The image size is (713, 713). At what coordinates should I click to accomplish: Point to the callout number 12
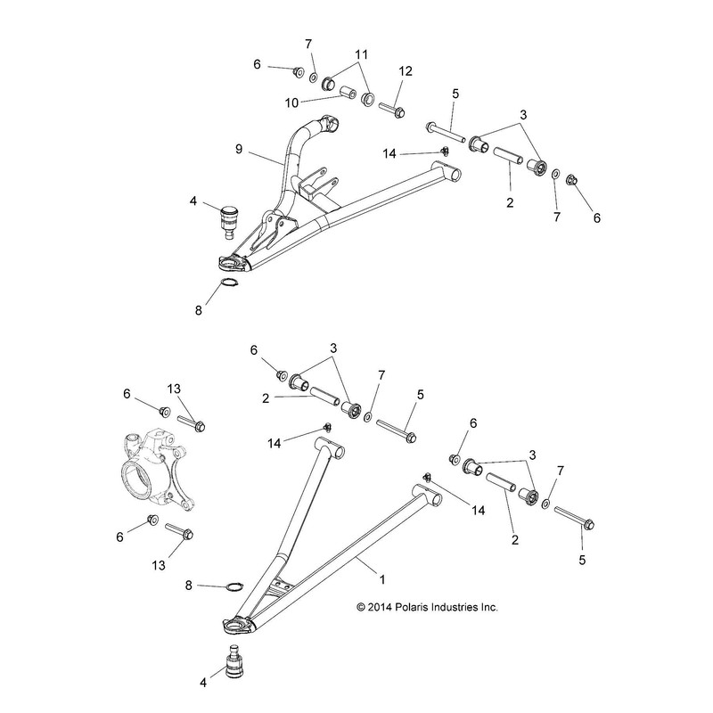click(x=406, y=70)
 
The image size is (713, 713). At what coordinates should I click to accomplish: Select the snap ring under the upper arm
click(x=229, y=284)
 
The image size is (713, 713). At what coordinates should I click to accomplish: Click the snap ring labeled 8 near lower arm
click(x=234, y=586)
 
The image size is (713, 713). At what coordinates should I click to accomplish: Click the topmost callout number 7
click(x=308, y=45)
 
